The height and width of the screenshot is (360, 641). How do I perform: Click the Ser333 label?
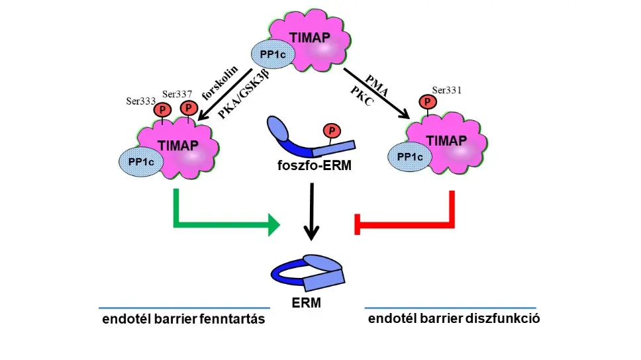[x=140, y=101]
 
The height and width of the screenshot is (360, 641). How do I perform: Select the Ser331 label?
[x=445, y=89]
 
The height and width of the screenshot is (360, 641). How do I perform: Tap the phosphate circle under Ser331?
[x=428, y=102]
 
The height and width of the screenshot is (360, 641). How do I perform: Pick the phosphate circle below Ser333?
[x=162, y=111]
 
